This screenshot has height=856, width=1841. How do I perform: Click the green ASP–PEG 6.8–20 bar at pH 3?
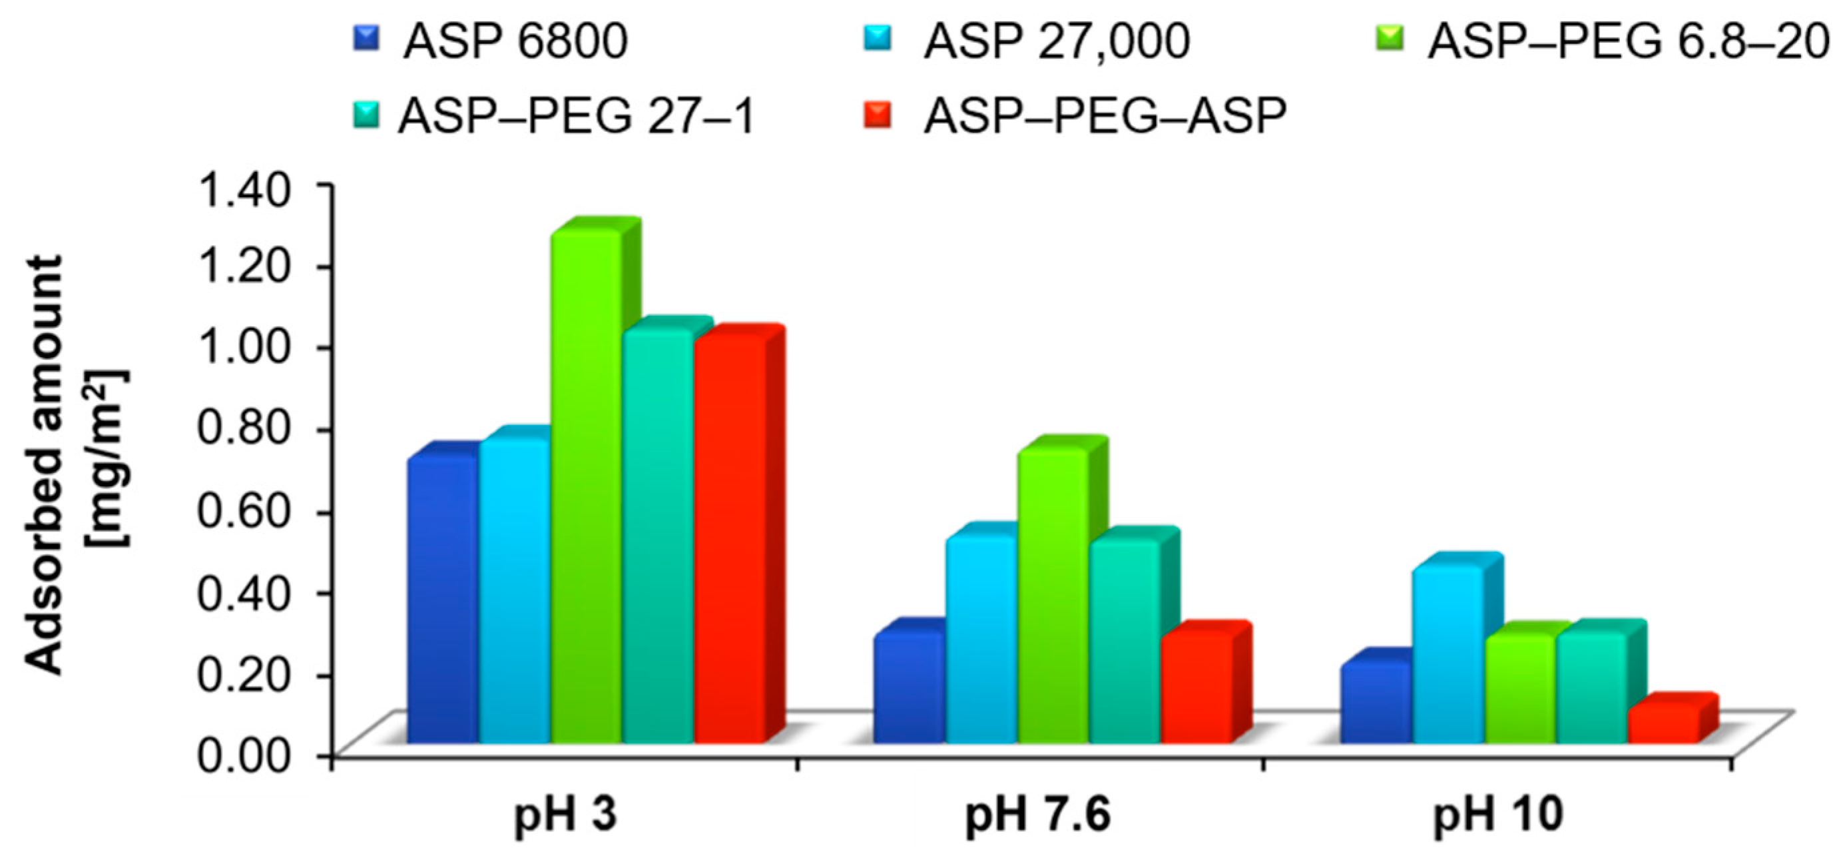586,486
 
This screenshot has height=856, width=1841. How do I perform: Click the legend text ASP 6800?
515,41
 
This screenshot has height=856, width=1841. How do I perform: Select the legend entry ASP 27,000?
1056,41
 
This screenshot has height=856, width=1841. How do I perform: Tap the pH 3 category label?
565,815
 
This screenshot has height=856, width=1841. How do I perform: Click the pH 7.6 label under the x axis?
1039,815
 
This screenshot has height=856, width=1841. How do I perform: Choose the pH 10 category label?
1498,815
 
